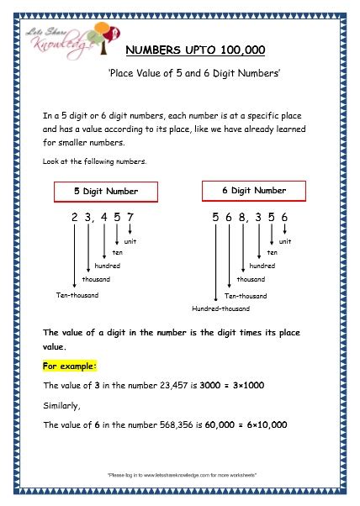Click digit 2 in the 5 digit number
(x=75, y=219)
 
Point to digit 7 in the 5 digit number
(x=130, y=219)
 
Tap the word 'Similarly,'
(x=61, y=404)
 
